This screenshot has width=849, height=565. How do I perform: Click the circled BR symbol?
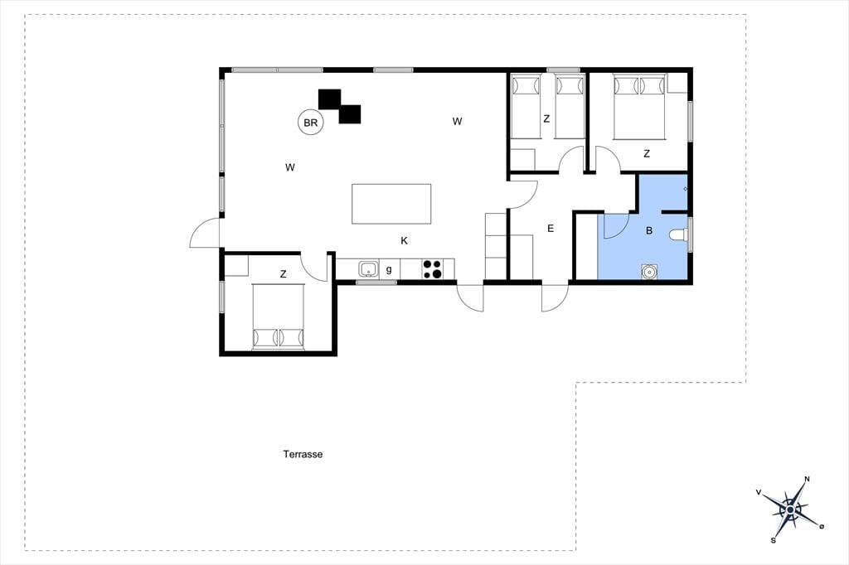click(x=311, y=123)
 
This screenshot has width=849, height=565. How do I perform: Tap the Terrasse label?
click(x=303, y=454)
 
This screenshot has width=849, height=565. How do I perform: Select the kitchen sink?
click(x=369, y=268)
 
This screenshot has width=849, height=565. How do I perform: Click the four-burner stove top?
click(x=431, y=269)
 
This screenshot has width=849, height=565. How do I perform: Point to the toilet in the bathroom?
click(x=678, y=235)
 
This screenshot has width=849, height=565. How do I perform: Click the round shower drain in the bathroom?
click(x=648, y=271)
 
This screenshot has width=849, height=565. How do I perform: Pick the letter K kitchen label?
click(x=404, y=241)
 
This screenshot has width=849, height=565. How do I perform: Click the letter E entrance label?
click(x=551, y=229)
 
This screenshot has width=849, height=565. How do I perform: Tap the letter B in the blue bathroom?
click(x=648, y=230)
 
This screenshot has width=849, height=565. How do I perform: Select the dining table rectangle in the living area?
click(x=391, y=204)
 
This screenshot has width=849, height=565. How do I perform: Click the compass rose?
click(x=791, y=509)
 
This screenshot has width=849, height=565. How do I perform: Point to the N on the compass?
click(x=808, y=478)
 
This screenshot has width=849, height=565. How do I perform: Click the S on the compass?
click(x=774, y=540)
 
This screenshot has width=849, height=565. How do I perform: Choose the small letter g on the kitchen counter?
click(x=389, y=269)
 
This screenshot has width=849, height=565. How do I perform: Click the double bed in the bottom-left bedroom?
click(x=279, y=316)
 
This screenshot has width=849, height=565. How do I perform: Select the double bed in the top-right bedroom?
click(x=639, y=108)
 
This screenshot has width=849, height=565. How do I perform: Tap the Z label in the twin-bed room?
click(x=546, y=118)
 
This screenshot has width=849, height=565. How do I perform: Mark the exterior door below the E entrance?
click(x=555, y=297)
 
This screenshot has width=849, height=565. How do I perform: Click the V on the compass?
click(x=759, y=492)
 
